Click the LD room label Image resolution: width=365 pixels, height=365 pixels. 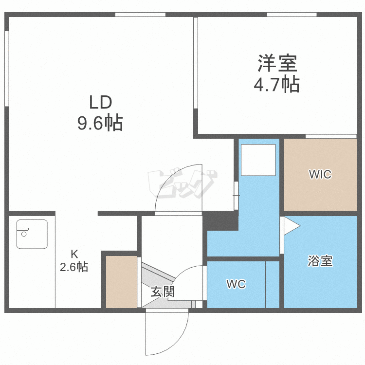pos(101,102)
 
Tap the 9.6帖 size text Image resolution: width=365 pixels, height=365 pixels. pos(100,123)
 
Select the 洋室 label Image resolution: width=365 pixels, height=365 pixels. pos(277,63)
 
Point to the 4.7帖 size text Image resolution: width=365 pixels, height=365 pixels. pos(276,84)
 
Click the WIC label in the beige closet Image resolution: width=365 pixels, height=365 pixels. pos(320,174)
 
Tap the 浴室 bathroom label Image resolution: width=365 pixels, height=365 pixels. pos(320,261)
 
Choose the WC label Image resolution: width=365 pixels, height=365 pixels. pos(236,284)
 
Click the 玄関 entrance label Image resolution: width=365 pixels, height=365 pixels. pos(163,292)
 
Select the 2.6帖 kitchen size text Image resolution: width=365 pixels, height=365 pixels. pos(74,267)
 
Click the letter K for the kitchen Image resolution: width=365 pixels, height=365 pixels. pos(74,254)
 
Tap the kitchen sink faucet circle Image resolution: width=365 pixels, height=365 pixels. pos(24,234)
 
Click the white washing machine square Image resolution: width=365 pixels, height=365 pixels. pos(258,160)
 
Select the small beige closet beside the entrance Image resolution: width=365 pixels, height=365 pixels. pos(121,282)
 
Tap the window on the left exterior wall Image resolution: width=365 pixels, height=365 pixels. pos(7,69)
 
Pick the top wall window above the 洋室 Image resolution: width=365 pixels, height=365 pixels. pos(292,15)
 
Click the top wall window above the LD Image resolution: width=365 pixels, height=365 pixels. pos(140,15)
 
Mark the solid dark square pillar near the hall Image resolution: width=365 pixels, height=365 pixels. pos(220,220)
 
